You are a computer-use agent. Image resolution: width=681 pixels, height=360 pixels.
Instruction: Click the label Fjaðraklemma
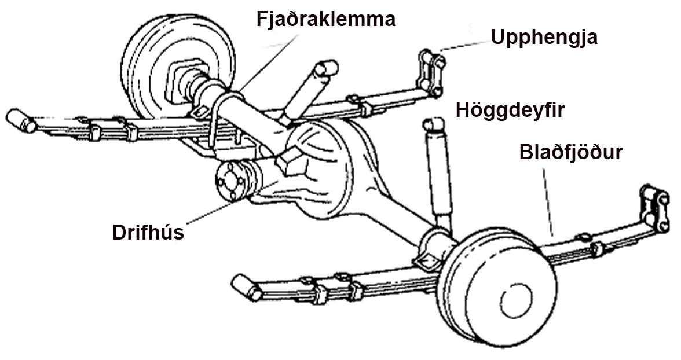[x=326, y=19]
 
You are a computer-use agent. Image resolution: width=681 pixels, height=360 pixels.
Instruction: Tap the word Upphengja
[x=544, y=37]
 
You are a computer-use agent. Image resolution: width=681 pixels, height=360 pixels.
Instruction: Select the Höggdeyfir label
[x=510, y=109]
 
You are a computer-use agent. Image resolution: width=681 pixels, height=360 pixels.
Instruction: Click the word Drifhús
[x=148, y=232]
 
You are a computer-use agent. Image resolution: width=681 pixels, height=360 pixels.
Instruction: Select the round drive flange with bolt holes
[x=229, y=179]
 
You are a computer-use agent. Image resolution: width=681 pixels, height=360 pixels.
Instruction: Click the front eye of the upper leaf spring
[x=20, y=120]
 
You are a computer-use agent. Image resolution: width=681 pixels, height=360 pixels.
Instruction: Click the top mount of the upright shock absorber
[x=433, y=123]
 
